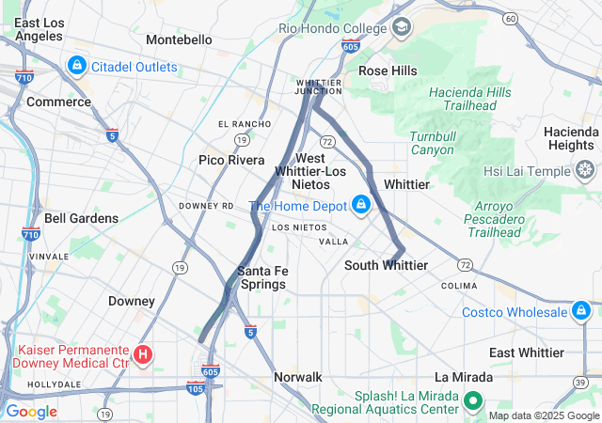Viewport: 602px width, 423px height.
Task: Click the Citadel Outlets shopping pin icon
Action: (x=76, y=67)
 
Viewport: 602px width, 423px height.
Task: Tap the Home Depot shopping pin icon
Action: (x=360, y=204)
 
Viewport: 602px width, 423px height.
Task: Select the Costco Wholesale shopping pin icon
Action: (x=583, y=311)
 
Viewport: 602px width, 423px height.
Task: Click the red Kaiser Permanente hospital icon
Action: (x=143, y=354)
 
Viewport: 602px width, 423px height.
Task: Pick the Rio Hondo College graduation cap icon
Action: (x=403, y=27)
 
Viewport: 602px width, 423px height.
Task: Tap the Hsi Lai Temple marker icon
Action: (x=585, y=171)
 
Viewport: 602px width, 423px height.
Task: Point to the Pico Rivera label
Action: (x=231, y=160)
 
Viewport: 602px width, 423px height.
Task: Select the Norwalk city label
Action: (x=297, y=377)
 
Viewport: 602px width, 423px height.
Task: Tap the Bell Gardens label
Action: (x=81, y=218)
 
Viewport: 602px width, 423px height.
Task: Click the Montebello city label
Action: (x=179, y=39)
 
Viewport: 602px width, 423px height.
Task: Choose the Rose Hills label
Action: (x=388, y=70)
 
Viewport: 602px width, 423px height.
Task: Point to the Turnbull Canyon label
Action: (x=432, y=143)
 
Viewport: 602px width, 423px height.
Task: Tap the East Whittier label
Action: (x=527, y=352)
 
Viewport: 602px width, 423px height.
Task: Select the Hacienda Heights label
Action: (x=570, y=138)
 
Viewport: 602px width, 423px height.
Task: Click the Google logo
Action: (x=31, y=411)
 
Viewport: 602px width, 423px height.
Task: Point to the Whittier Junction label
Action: (x=319, y=86)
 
